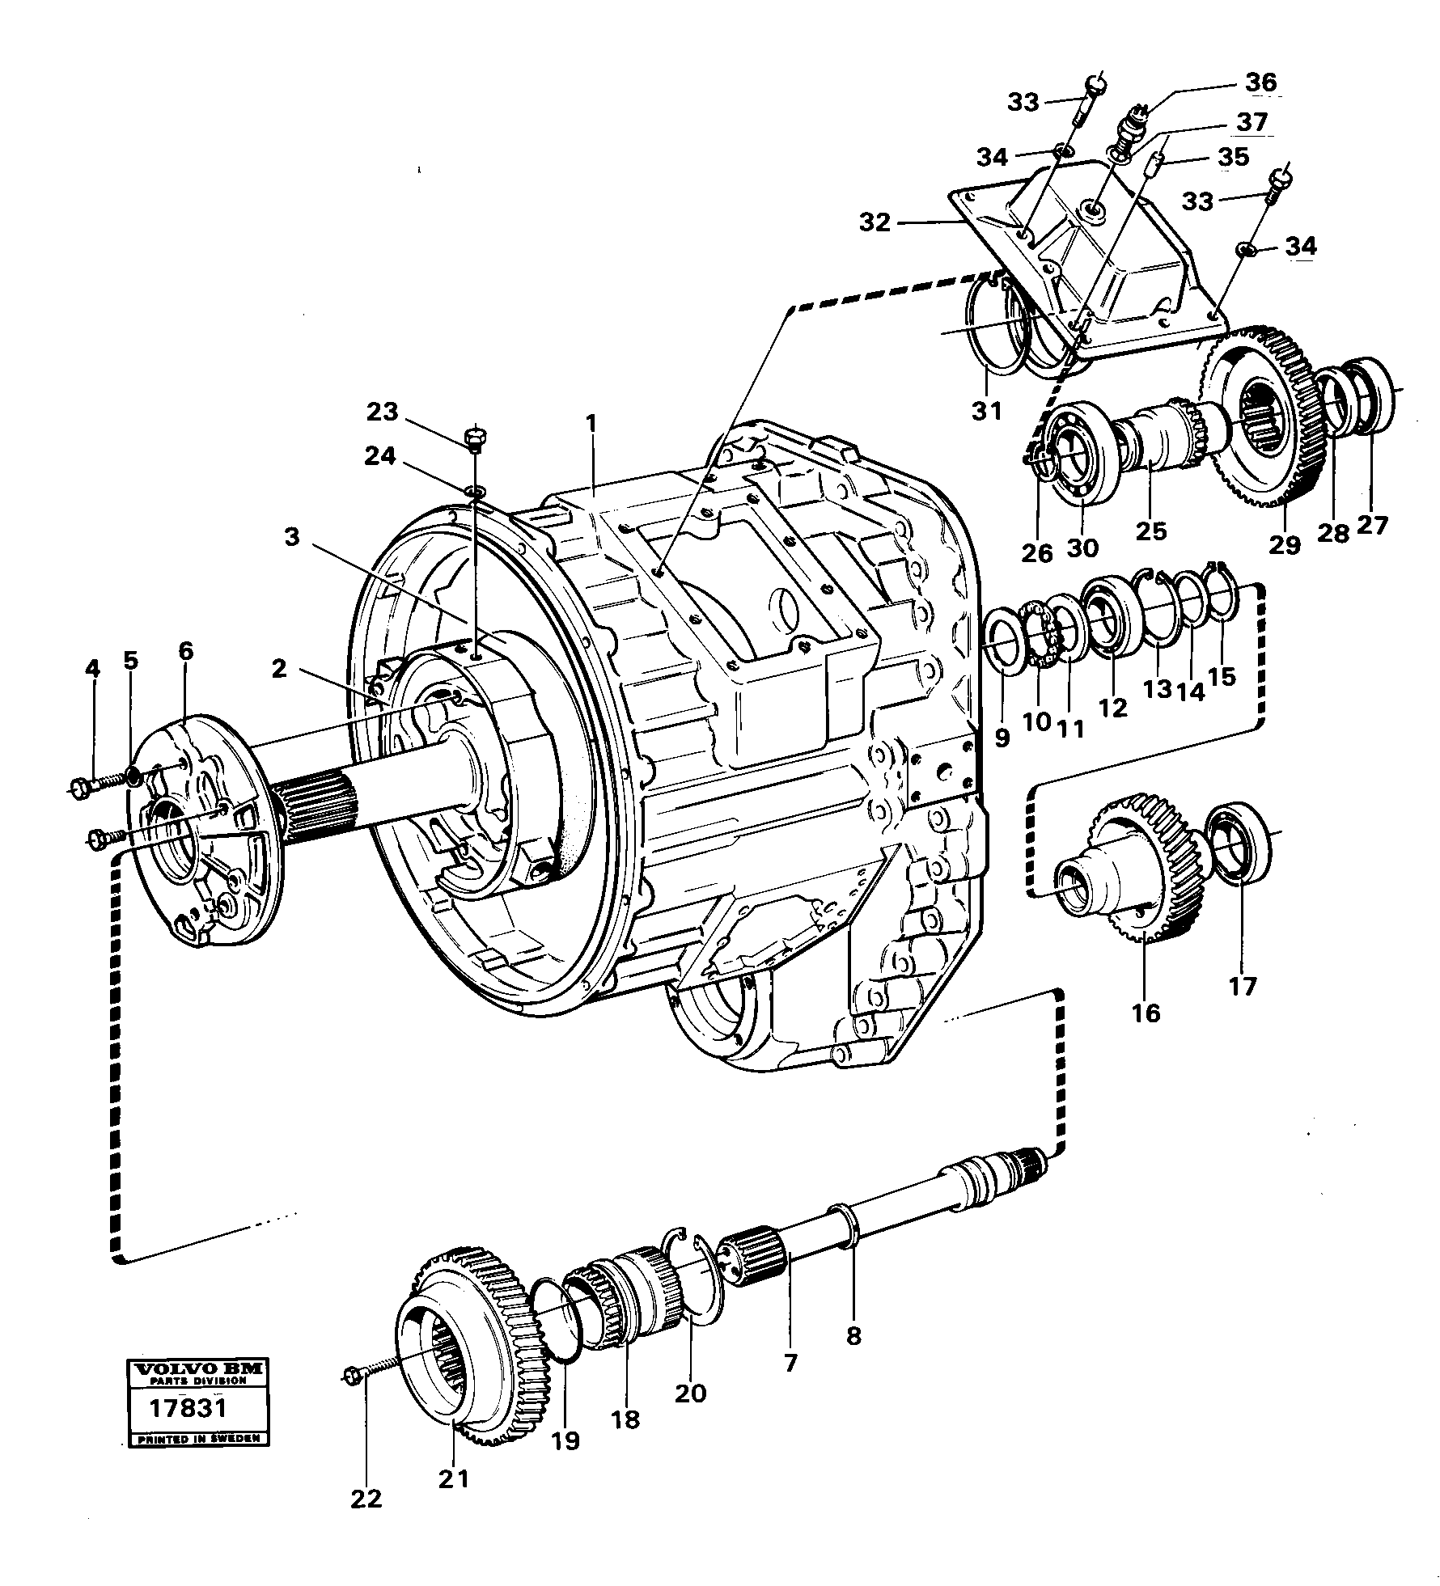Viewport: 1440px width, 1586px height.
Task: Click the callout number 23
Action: pyautogui.click(x=383, y=412)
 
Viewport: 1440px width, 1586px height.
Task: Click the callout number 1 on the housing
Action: pyautogui.click(x=592, y=424)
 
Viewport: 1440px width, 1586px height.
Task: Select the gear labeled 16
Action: pyautogui.click(x=1133, y=873)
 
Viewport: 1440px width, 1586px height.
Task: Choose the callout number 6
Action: pyautogui.click(x=186, y=651)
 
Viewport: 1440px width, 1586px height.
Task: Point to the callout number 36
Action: pyautogui.click(x=1260, y=82)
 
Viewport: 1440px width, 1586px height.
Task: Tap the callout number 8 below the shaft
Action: pyautogui.click(x=853, y=1335)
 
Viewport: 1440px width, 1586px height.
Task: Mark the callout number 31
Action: pyautogui.click(x=987, y=412)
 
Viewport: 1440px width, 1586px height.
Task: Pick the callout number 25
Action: pyautogui.click(x=1151, y=531)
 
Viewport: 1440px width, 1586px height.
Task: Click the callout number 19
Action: pyautogui.click(x=565, y=1440)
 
